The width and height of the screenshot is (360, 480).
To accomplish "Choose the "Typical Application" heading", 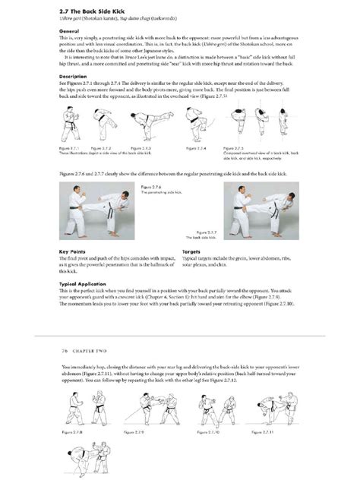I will (83, 280).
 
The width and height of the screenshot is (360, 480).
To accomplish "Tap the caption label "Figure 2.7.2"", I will (99, 147).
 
